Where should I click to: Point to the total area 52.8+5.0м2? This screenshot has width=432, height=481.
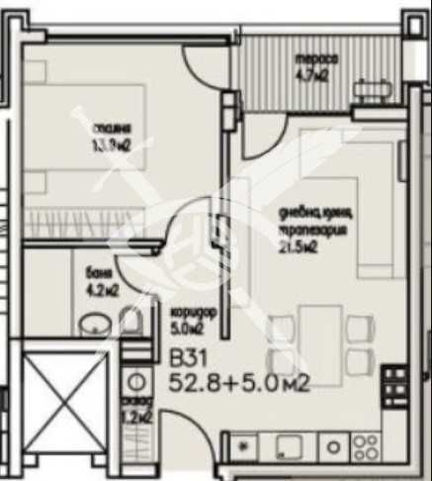point(239,382)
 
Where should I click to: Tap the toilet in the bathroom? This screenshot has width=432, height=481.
point(130,320)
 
